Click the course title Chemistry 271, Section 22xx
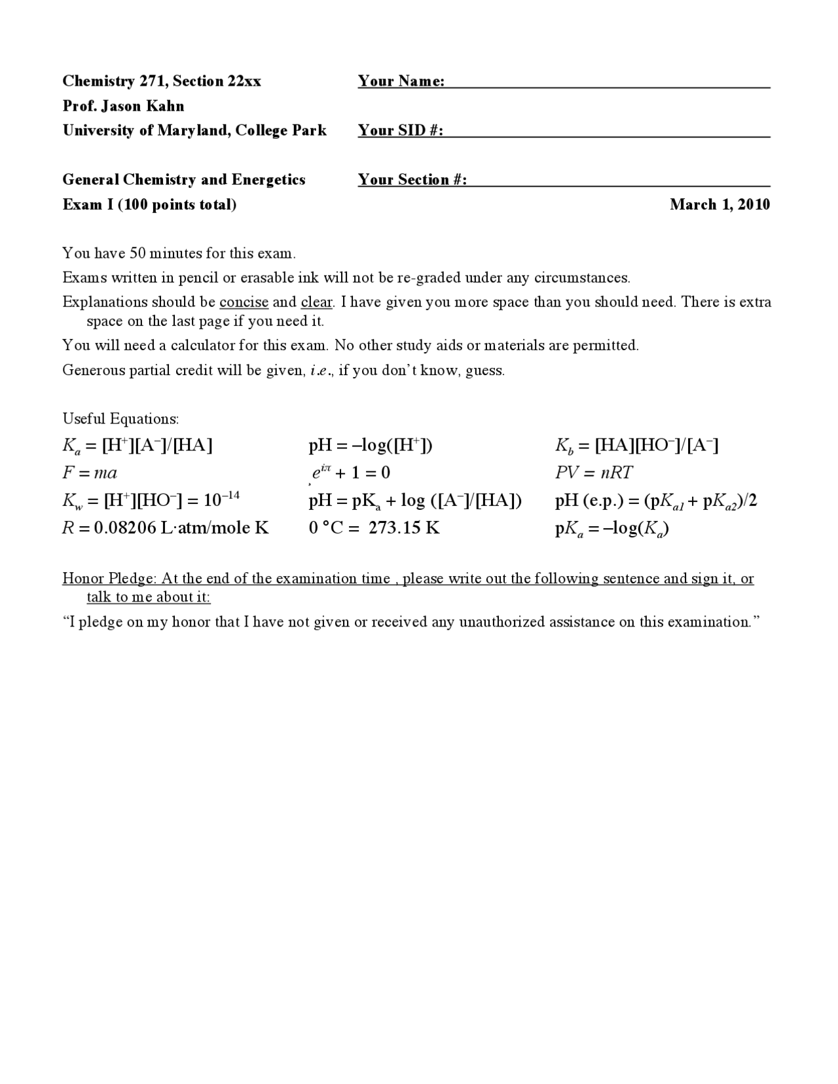pyautogui.click(x=162, y=81)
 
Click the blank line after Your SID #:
pyautogui.click(x=607, y=133)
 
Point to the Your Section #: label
pyautogui.click(x=412, y=180)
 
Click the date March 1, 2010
pyautogui.click(x=720, y=205)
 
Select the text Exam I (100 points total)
pyautogui.click(x=149, y=205)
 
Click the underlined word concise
pyautogui.click(x=244, y=302)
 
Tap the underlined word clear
pyautogui.click(x=317, y=302)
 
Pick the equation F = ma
pyautogui.click(x=90, y=473)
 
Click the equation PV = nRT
pyautogui.click(x=593, y=473)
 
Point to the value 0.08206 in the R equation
pyautogui.click(x=124, y=528)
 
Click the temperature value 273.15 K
pyautogui.click(x=404, y=528)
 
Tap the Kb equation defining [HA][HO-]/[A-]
pyautogui.click(x=636, y=446)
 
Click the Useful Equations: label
pyautogui.click(x=120, y=419)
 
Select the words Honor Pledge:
pyautogui.click(x=109, y=579)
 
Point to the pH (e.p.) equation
pyautogui.click(x=655, y=501)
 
